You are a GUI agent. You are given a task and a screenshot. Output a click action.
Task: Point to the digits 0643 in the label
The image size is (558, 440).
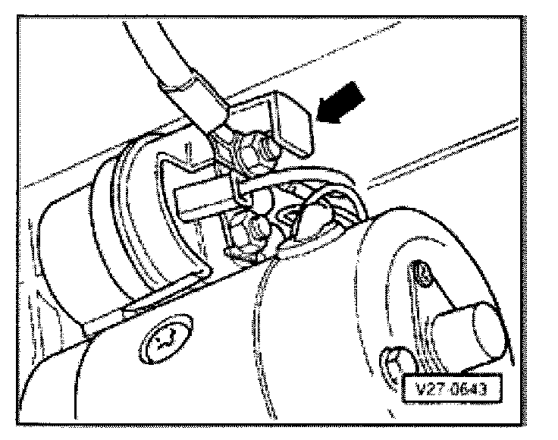pyautogui.click(x=471, y=391)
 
